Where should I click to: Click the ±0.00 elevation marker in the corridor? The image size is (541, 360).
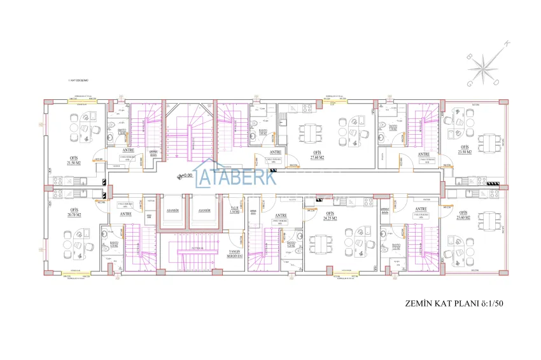[185, 175]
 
